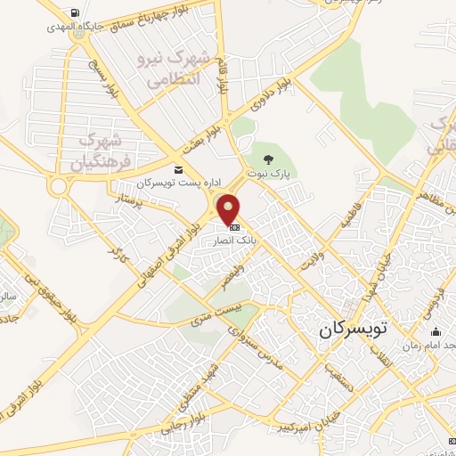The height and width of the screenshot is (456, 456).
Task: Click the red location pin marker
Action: coord(229,210)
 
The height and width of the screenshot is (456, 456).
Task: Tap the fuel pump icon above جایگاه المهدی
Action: coord(72,12)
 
